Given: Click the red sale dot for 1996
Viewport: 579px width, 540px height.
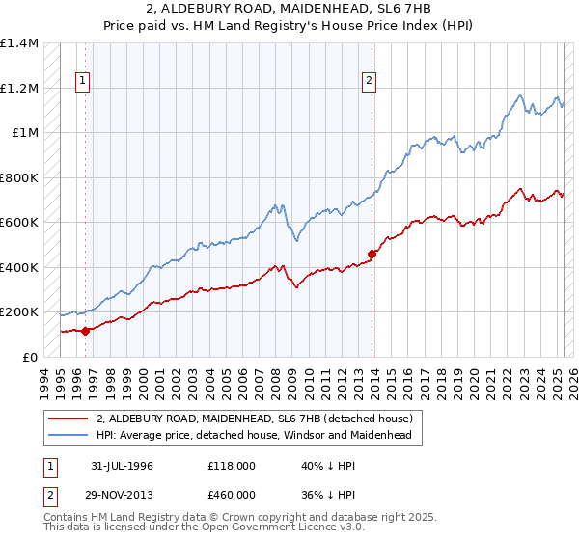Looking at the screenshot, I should point(85,331).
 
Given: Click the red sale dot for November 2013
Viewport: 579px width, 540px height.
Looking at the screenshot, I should point(372,255).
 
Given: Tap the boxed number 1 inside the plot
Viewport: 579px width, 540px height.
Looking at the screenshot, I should point(84,82).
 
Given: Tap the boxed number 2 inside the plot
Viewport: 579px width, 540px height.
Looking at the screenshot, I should point(370,82).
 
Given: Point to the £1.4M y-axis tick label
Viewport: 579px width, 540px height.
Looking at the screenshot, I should point(20,43).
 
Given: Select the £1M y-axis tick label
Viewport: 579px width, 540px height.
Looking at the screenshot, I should point(25,133).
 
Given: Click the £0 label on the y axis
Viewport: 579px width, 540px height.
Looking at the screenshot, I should point(31,357).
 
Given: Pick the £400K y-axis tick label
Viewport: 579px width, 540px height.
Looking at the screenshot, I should point(20,267).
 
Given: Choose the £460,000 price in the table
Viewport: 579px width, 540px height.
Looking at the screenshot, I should point(232,494).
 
